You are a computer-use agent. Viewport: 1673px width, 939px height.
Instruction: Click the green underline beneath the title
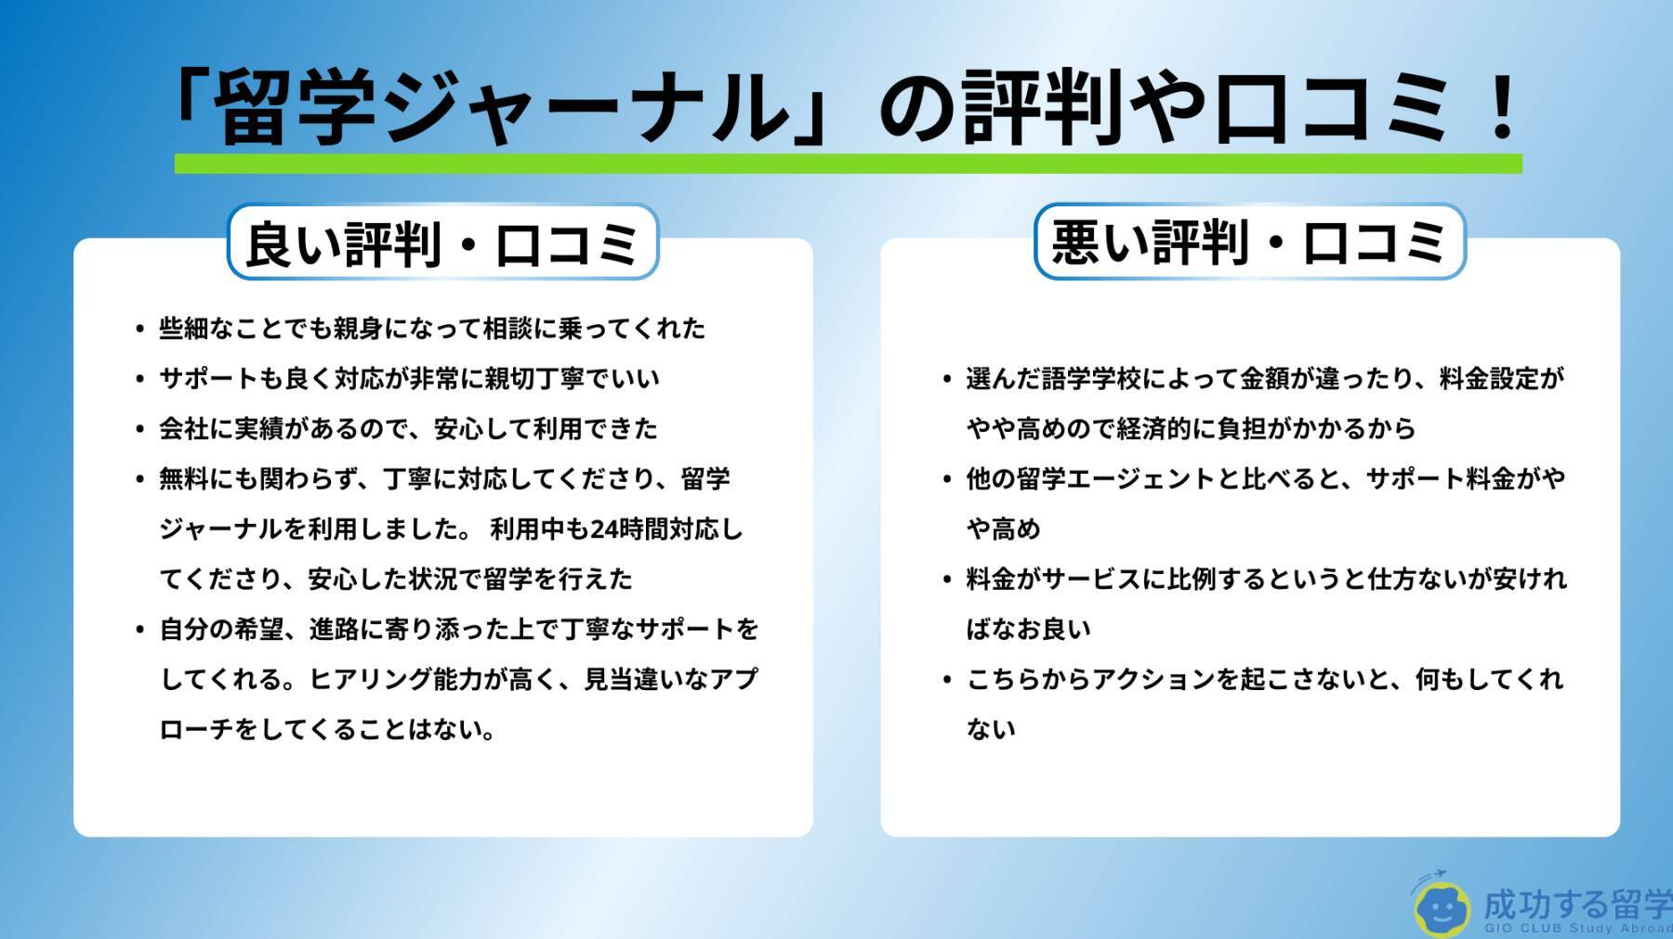tap(848, 163)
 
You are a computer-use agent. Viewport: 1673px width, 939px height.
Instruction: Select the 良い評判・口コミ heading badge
tap(442, 241)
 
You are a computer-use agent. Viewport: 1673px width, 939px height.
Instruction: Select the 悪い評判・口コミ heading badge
tap(1249, 241)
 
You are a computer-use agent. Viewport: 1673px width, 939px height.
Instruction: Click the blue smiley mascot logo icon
tap(1441, 906)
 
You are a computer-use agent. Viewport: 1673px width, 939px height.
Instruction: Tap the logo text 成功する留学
tap(1576, 904)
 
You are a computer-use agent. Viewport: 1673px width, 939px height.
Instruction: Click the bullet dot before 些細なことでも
tap(139, 329)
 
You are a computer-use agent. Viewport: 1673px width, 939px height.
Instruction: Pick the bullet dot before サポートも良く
tap(139, 379)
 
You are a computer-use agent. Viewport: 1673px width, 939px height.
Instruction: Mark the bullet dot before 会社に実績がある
tap(139, 429)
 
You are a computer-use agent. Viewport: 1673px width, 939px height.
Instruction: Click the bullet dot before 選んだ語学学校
tap(947, 379)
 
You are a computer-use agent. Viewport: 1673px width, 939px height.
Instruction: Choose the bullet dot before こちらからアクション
tap(947, 680)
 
